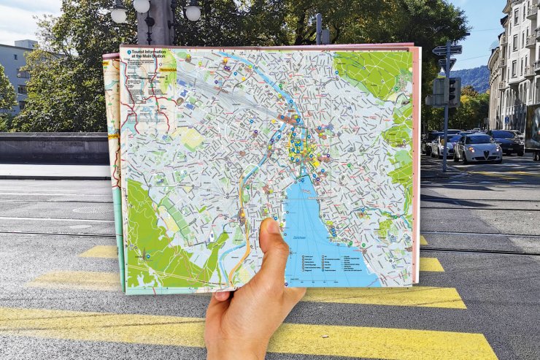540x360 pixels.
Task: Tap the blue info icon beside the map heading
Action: (129, 53)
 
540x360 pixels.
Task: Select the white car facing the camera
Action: (477, 148)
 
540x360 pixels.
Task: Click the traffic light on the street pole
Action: (453, 91)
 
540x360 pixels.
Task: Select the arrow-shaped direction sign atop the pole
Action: (447, 50)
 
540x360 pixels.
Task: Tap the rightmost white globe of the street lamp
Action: (193, 12)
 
